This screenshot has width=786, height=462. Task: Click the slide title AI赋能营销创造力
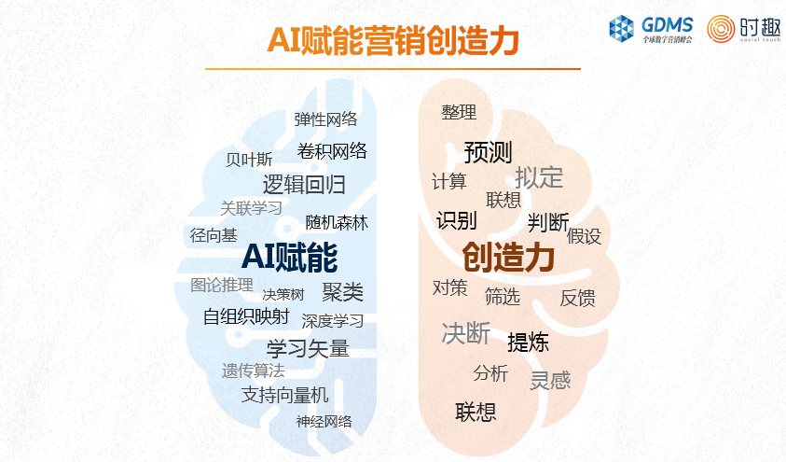[393, 40]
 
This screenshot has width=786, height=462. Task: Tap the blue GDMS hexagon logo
[621, 29]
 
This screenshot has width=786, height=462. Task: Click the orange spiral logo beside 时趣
[721, 29]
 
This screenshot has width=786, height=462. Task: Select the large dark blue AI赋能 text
[290, 258]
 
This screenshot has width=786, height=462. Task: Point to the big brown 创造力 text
[508, 258]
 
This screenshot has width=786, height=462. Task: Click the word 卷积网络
[332, 151]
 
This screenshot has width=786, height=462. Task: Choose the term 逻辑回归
[304, 185]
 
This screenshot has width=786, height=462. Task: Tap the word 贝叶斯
[249, 160]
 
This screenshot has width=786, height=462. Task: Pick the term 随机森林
[337, 222]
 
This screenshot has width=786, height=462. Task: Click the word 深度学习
[333, 321]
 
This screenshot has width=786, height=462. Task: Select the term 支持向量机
[284, 395]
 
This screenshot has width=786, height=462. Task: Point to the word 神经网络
[324, 421]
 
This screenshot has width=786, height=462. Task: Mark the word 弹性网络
[325, 119]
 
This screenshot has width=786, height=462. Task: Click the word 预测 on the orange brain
[488, 152]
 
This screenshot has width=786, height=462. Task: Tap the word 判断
[548, 222]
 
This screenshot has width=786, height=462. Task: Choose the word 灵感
[550, 380]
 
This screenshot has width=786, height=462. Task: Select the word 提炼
[528, 343]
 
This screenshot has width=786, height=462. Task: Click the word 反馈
[577, 298]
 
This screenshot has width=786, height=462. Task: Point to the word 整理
[459, 112]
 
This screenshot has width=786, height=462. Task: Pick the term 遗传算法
[254, 371]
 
